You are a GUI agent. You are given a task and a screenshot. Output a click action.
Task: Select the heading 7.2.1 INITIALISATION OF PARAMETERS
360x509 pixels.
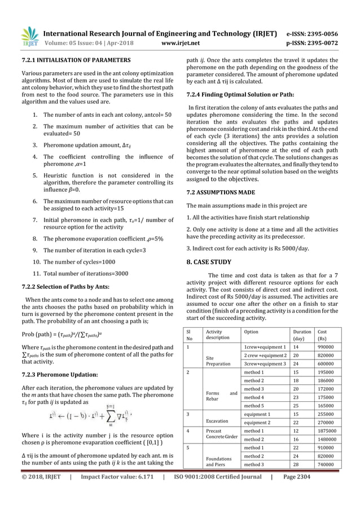tap(76, 60)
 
